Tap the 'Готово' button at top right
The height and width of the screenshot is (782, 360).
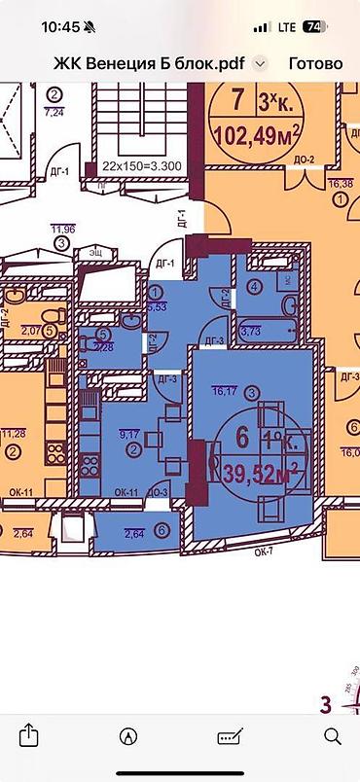coord(315,63)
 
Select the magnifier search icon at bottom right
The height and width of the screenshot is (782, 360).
coord(331,734)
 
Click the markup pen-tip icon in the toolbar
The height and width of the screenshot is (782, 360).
coord(128,734)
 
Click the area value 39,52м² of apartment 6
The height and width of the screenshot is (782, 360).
coord(260,474)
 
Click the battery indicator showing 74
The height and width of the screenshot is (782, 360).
coord(314,27)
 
